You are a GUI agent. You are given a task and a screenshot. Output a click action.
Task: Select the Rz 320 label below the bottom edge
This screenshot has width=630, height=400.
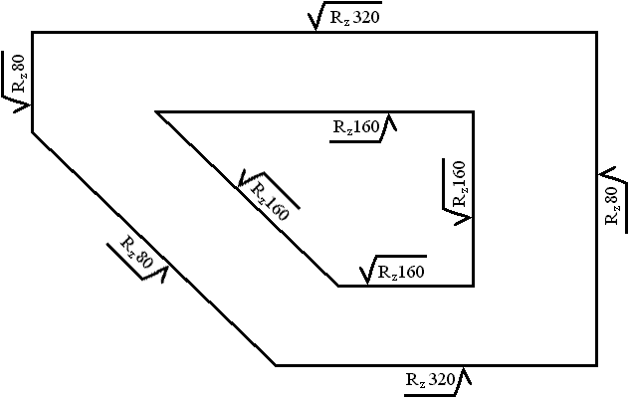pos(430,379)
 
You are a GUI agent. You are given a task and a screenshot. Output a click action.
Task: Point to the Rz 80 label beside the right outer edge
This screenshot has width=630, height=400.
pos(612,204)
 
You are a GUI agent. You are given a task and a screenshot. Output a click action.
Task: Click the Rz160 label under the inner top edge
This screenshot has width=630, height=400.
pos(356,127)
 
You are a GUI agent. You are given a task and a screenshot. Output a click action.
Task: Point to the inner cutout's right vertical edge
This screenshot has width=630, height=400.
pos(473,199)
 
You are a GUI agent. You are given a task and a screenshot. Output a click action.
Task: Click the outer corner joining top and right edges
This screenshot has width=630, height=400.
pos(596,33)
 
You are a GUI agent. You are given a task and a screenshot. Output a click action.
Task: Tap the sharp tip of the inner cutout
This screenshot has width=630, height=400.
pos(157,111)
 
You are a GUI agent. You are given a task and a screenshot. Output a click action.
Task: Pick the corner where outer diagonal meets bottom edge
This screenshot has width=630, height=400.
pos(276,365)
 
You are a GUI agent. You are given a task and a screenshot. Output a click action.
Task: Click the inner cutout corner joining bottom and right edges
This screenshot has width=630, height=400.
pos(473,286)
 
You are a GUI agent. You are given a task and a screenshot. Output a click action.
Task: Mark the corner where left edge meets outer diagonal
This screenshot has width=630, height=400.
pos(33,130)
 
